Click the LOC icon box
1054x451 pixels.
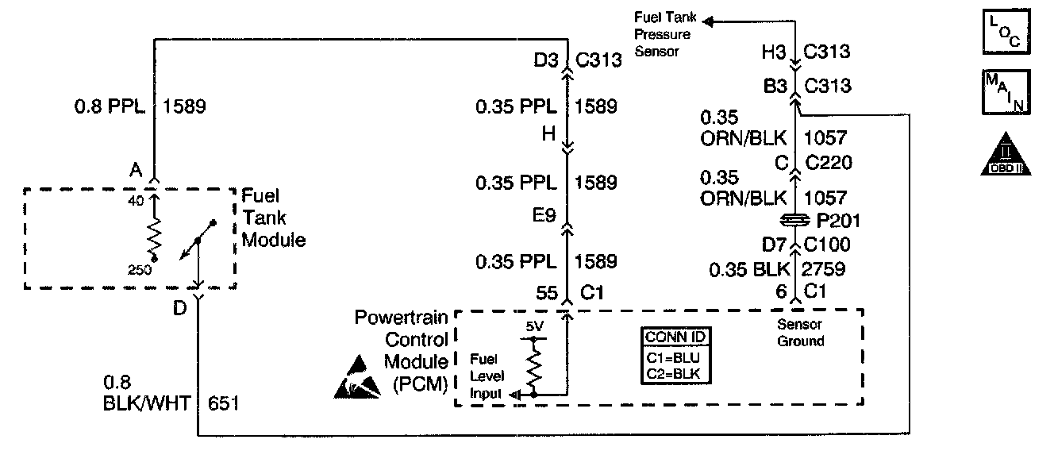point(1006,31)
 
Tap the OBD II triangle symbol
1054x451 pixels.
point(1006,152)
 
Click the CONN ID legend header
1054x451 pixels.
point(675,336)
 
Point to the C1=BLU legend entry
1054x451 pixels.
point(675,357)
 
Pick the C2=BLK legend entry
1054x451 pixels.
point(675,372)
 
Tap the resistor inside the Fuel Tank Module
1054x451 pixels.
point(155,235)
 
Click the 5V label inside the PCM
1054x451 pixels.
point(533,326)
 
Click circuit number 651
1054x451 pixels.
point(223,404)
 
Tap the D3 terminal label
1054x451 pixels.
point(546,60)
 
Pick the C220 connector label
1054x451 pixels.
point(828,164)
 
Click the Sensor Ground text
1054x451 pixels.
point(798,333)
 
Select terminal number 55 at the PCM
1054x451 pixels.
point(546,293)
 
